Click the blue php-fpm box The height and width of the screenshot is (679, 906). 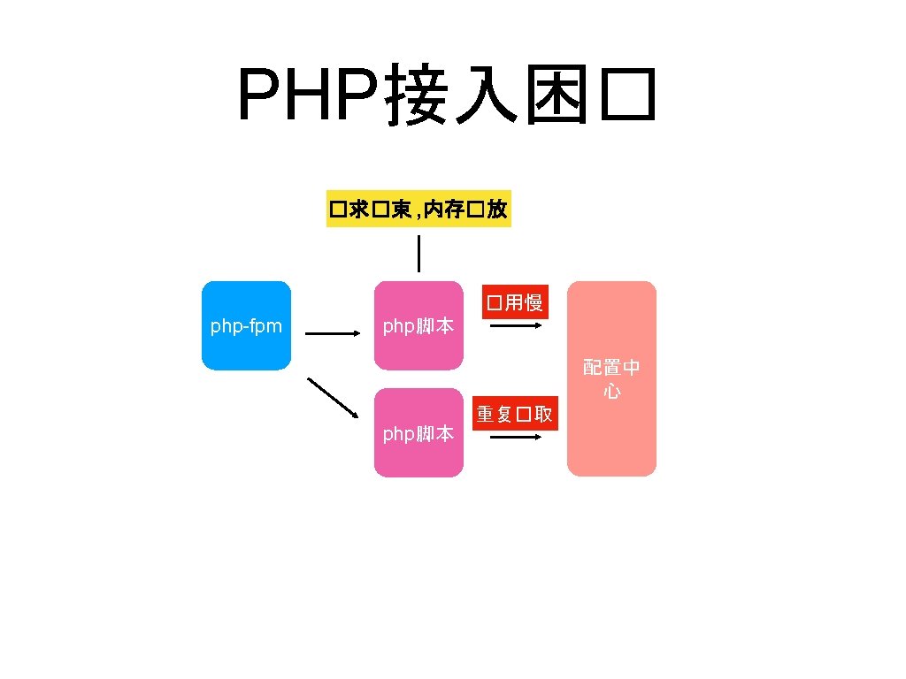246,325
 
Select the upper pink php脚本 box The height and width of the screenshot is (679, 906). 418,325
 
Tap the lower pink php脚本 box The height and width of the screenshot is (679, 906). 418,432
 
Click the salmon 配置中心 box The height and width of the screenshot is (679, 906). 611,378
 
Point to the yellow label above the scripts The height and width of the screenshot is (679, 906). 418,210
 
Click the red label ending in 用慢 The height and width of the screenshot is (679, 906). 512,303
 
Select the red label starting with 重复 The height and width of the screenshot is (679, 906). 516,414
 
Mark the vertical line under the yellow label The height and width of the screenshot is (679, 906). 418,254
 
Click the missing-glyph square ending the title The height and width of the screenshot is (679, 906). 627,96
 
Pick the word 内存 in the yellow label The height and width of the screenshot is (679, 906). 443,210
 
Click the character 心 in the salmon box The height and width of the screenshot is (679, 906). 611,391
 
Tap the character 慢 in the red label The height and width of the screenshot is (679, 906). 533,303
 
